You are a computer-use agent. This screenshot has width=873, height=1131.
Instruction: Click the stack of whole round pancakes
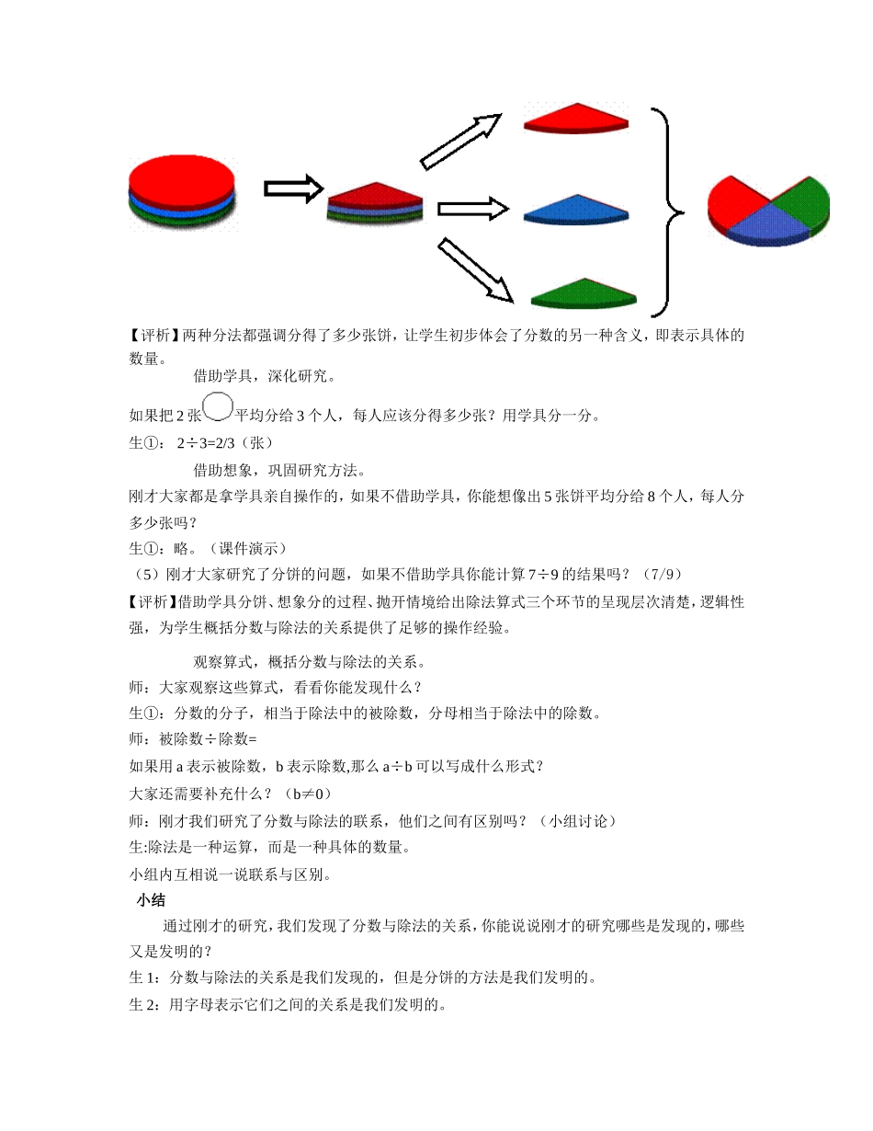(x=182, y=190)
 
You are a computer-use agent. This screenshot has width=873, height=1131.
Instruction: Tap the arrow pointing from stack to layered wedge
(x=293, y=188)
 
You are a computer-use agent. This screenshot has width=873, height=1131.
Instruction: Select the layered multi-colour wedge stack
(x=375, y=203)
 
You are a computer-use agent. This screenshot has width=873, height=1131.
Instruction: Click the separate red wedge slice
(x=575, y=120)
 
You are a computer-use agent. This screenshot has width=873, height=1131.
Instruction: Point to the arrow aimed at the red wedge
(x=460, y=142)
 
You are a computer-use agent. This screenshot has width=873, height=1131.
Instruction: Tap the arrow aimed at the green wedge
(x=474, y=269)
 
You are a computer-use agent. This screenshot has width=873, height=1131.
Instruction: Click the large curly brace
(x=669, y=212)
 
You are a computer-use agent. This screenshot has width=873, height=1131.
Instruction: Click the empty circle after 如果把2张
(x=218, y=406)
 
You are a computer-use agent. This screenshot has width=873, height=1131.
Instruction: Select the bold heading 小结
(x=151, y=901)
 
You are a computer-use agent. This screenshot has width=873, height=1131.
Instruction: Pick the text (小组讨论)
(x=578, y=820)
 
